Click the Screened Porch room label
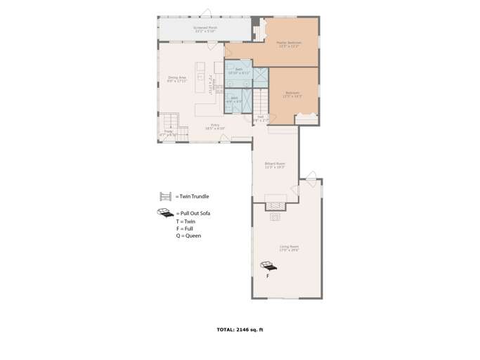pos(205,29)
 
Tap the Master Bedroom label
pos(289,44)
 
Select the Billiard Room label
pos(275,165)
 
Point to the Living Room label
pos(289,247)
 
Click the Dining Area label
pos(177,79)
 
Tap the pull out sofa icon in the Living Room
pos(268,266)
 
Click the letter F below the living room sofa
pos(268,276)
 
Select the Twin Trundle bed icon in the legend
pos(166,197)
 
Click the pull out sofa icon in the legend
pos(165,212)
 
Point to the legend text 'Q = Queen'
pos(188,236)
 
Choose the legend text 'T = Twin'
pos(186,221)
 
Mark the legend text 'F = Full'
pos(185,229)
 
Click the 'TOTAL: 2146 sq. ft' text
pos(240,329)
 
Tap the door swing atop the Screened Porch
pos(205,13)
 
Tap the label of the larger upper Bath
pos(239,71)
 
